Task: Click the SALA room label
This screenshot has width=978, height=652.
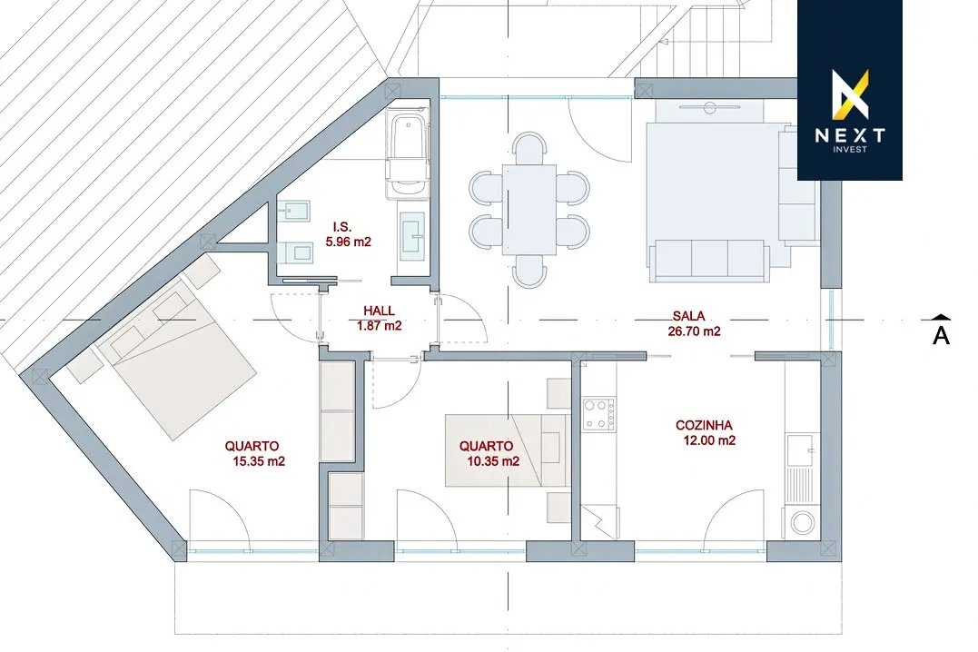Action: [x=688, y=316]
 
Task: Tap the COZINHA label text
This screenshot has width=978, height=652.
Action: [x=704, y=426]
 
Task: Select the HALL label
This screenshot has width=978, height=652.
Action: [x=380, y=311]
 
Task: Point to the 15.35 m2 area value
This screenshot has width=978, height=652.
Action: [x=259, y=461]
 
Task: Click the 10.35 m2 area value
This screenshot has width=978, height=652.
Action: [x=493, y=461]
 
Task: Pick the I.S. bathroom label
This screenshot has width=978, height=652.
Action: [x=342, y=227]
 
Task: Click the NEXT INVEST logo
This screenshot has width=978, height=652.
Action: [x=850, y=91]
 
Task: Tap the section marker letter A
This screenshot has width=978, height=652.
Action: [x=941, y=335]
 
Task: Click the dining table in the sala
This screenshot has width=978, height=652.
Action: [x=529, y=210]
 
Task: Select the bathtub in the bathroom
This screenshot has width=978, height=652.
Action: [x=408, y=153]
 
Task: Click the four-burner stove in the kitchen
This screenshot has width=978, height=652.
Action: [x=598, y=414]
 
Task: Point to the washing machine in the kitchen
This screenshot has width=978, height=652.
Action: [x=802, y=522]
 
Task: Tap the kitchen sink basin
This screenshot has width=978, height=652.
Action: [x=800, y=450]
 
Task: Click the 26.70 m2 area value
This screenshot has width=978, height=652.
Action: [x=694, y=331]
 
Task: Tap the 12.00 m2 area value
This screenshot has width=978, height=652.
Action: [x=710, y=440]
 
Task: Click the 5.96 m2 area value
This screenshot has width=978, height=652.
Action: [x=348, y=242]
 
